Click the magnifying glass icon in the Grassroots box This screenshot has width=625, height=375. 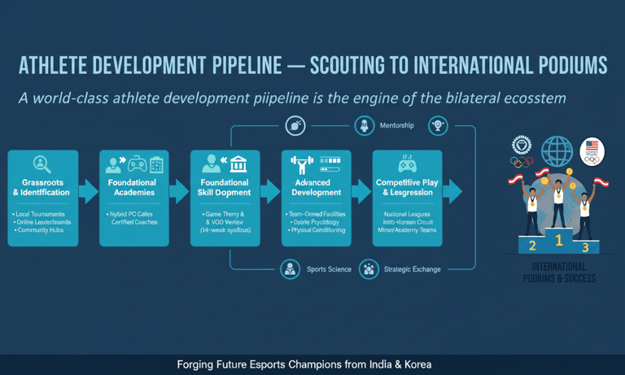pos(42,164)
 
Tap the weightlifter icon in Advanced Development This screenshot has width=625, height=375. pos(303,165)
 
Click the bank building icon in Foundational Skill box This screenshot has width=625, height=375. pos(238,164)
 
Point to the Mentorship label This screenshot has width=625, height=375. pos(397,125)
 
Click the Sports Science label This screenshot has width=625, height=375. pos(329,269)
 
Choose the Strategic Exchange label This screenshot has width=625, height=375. pos(412,269)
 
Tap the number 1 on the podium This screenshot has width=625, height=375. pos(558,240)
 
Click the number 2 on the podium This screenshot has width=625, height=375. pos(532,246)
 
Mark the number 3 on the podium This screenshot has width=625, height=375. pos(585,247)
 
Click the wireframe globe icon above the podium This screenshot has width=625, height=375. pos(557,151)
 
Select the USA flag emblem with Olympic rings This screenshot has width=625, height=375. pos(592,151)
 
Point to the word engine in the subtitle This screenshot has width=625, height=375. pos(382,98)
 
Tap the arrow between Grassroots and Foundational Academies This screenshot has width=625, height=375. pos(90,192)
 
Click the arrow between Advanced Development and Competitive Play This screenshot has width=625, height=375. pos(362,192)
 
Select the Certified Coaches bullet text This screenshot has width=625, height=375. pos(134,222)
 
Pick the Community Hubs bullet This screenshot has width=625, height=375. pos(40,231)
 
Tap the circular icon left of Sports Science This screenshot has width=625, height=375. pos(291,269)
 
